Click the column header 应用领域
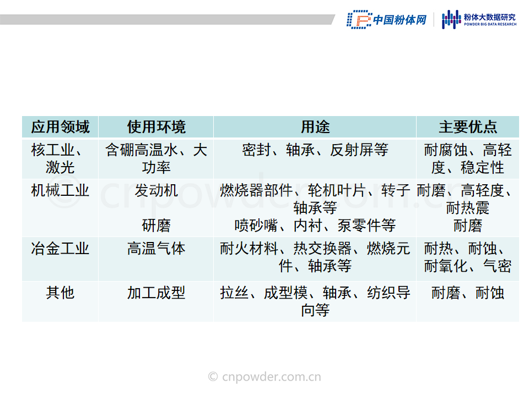60,127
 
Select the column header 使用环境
156,127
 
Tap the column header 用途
315,127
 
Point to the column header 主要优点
468,127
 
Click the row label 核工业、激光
57,158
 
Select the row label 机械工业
60,191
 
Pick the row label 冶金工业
60,249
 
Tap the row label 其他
60,292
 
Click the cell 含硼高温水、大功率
156,158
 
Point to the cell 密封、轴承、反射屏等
315,150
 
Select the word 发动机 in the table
156,191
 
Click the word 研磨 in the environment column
156,226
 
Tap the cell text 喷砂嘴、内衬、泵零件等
315,226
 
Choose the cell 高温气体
156,249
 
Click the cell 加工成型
156,292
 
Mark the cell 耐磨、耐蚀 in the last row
468,292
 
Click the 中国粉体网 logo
387,20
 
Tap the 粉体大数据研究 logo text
490,19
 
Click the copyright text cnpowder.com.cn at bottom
264,376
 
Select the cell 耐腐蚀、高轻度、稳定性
468,158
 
